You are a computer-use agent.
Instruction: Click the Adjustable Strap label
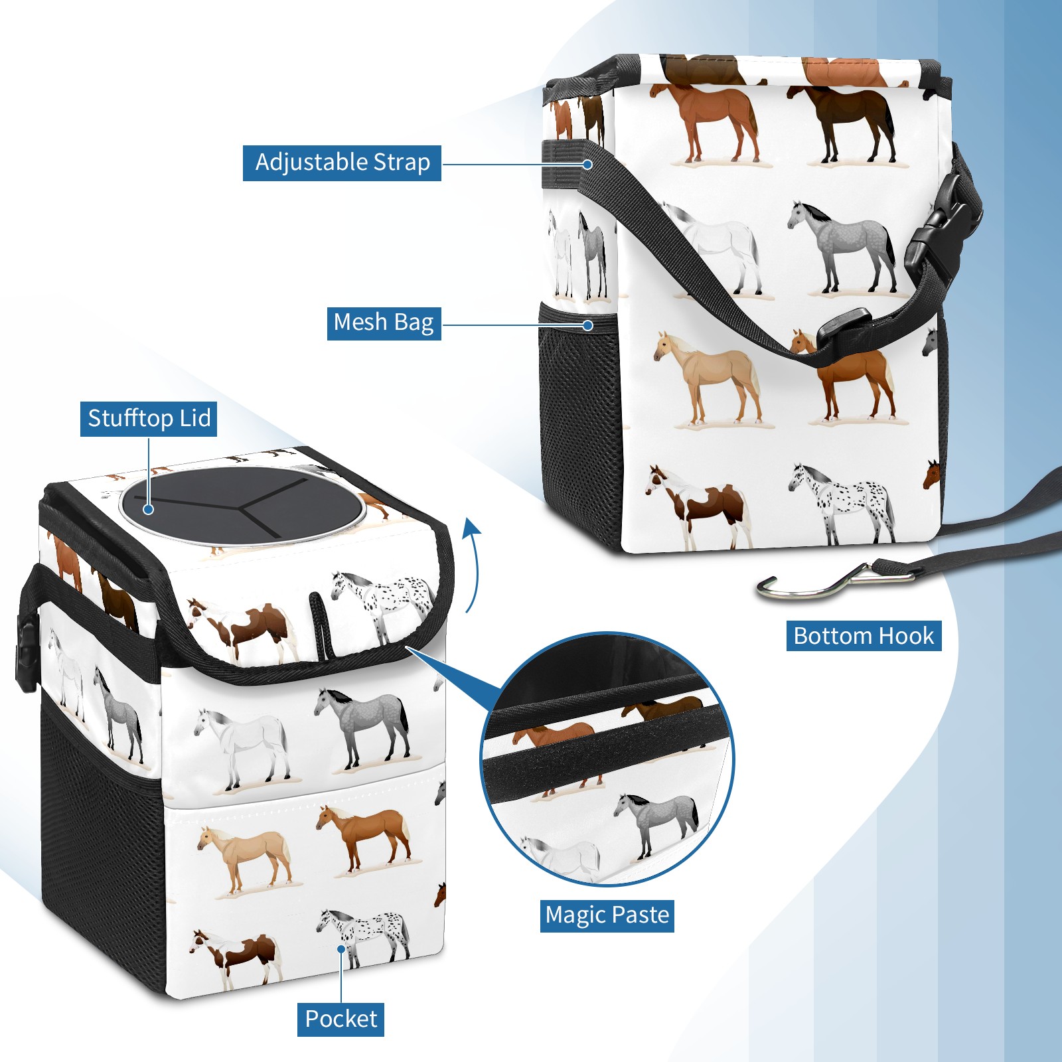pos(342,163)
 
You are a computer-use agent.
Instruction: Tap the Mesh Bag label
pos(384,323)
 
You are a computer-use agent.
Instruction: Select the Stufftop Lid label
pos(149,419)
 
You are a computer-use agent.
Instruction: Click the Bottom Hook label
pos(864,636)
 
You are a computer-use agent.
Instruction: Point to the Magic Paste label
pos(607,915)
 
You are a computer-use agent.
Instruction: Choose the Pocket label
pos(341,1019)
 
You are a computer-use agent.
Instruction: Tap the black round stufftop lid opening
pos(242,506)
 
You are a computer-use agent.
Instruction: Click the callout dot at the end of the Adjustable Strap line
pos(587,164)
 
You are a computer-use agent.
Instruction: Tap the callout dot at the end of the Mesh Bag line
pos(587,325)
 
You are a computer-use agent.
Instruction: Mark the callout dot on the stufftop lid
pos(149,509)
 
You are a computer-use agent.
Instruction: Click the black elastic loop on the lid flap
pos(321,625)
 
